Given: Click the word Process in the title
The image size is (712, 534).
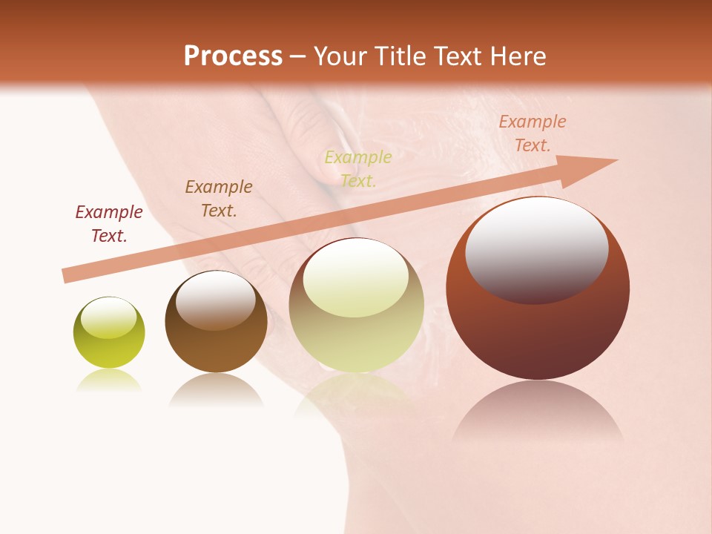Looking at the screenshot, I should point(233,56).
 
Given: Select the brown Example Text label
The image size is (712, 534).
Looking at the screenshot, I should point(219,199).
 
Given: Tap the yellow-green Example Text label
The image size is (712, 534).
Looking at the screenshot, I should point(358,168).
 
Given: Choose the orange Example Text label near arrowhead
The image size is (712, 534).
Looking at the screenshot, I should point(532,133).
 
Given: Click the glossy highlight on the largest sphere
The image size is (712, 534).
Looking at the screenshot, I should point(536,249).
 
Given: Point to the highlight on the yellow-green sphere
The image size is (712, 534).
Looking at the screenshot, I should point(108,318).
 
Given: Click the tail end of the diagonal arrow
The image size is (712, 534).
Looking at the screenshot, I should point(67,276).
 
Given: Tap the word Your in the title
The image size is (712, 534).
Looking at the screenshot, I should point(342,56).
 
